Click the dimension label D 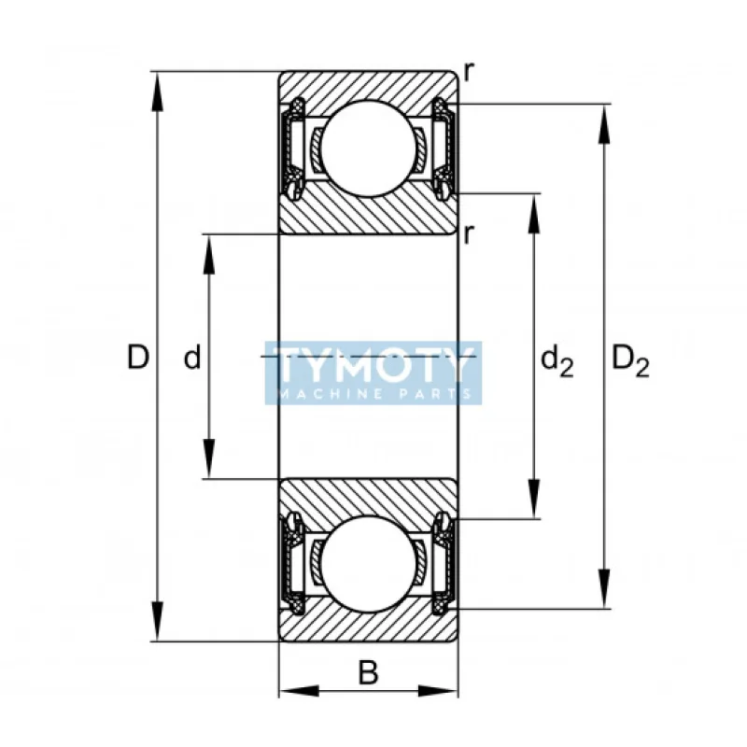click(138, 358)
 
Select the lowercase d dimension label click(192, 358)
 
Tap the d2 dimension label click(557, 361)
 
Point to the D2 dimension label click(629, 361)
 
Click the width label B click(368, 672)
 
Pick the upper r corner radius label click(470, 73)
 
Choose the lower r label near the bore click(470, 234)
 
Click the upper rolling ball click(369, 148)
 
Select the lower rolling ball click(369, 565)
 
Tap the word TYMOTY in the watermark click(373, 365)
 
